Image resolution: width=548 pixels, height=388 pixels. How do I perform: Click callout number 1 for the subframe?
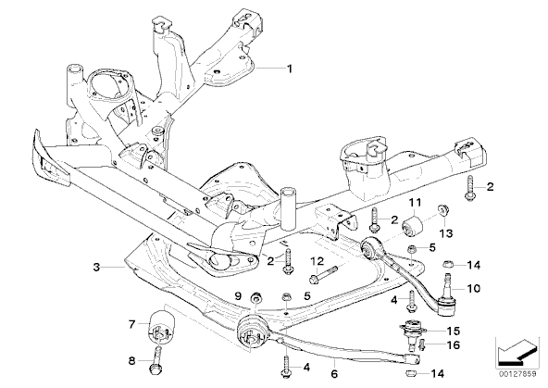[x=289, y=69]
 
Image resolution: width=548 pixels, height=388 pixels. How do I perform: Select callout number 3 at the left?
[x=96, y=268]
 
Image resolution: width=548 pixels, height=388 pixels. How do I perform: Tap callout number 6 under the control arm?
[x=334, y=374]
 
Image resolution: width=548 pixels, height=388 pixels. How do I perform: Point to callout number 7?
[x=131, y=324]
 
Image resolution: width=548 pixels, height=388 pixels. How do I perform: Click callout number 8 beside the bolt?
[x=131, y=360]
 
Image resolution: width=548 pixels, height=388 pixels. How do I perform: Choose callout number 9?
[x=238, y=296]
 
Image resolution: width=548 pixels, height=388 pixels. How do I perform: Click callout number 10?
[x=474, y=288]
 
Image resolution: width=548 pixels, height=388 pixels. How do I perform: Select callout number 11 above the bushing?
[x=416, y=202]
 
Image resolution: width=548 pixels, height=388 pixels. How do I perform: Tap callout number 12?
[x=318, y=261]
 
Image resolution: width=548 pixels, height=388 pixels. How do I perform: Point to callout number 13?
[x=447, y=232]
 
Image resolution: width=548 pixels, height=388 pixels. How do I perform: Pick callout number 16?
[x=454, y=345]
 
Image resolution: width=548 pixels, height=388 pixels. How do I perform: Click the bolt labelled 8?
[x=156, y=359]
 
